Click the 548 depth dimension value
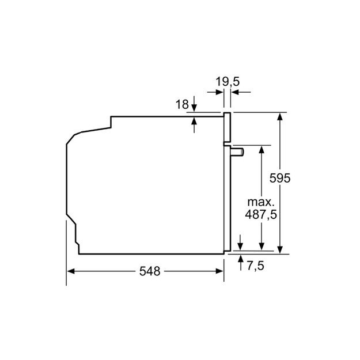pos(150,271)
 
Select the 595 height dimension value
pos(280,178)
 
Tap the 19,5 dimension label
pos(228,82)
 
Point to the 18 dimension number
pos(182,104)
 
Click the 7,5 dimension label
pos(256,266)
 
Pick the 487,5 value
pos(261,215)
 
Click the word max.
pos(261,202)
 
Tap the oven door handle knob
pos(237,152)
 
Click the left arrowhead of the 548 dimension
pos(71,271)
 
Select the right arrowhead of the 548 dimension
pos(219,271)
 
